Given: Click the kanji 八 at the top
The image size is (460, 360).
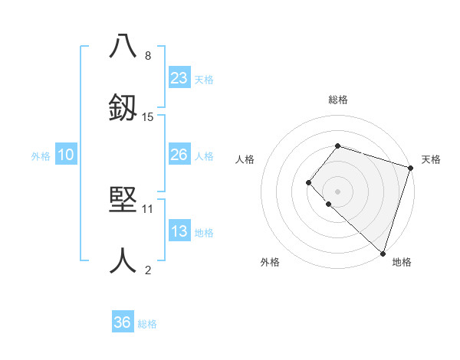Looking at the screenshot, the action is pyautogui.click(x=123, y=45).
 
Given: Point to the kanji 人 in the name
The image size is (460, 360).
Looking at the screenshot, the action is pyautogui.click(x=123, y=260).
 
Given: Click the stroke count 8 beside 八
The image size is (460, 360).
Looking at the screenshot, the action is pyautogui.click(x=148, y=55).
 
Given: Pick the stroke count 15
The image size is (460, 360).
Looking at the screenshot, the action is pyautogui.click(x=148, y=116).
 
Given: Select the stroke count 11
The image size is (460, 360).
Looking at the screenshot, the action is pyautogui.click(x=148, y=208).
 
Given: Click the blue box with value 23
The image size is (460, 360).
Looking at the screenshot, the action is pyautogui.click(x=179, y=77).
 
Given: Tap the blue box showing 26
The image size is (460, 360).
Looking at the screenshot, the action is pyautogui.click(x=179, y=155).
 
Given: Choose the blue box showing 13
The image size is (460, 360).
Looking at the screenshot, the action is pyautogui.click(x=179, y=231).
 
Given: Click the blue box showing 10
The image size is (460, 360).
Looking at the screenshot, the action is pyautogui.click(x=66, y=155).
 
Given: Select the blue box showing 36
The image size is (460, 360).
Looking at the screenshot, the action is pyautogui.click(x=123, y=322).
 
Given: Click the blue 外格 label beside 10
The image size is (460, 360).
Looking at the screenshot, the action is pyautogui.click(x=41, y=155).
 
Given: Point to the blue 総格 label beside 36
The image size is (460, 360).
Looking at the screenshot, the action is pyautogui.click(x=147, y=323).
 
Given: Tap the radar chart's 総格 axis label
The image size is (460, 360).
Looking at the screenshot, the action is pyautogui.click(x=337, y=100).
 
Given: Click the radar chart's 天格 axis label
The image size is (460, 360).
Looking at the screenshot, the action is pyautogui.click(x=431, y=159).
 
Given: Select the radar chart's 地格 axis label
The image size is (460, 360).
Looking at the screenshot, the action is pyautogui.click(x=402, y=262).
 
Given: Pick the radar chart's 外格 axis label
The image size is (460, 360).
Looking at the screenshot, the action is pyautogui.click(x=270, y=262).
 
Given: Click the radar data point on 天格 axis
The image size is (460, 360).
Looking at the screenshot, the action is pyautogui.click(x=410, y=168).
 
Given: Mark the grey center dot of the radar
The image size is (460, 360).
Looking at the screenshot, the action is pyautogui.click(x=337, y=191).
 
